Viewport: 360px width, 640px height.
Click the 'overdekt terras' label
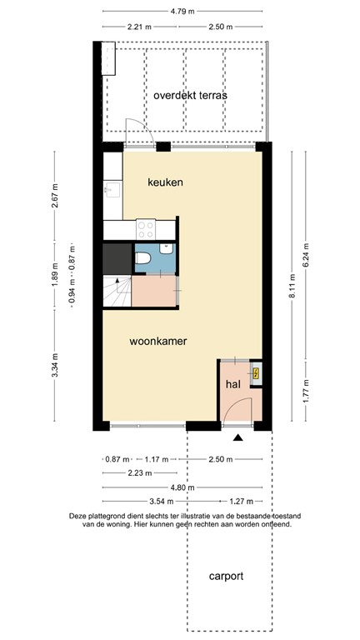[190, 95]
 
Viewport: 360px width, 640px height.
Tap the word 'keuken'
[165, 182]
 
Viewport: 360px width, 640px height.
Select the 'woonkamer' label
[157, 341]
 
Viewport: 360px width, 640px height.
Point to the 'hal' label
[233, 384]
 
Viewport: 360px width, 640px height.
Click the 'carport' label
[227, 576]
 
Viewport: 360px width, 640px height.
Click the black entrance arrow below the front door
[238, 437]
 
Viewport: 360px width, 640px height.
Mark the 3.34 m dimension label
[55, 364]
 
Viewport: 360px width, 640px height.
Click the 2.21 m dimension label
[139, 27]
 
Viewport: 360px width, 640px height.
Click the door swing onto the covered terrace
[137, 132]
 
